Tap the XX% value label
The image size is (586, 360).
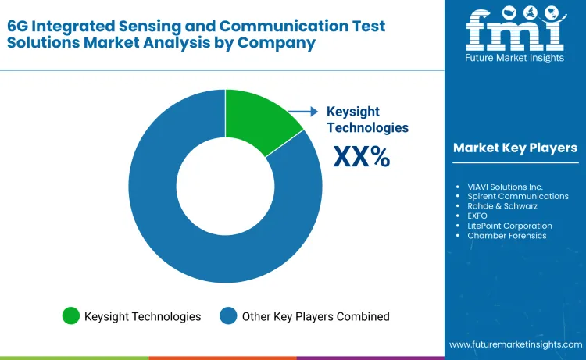(361, 157)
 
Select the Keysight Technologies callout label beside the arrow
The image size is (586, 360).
(367, 119)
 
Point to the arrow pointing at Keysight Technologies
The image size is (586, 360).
(304, 112)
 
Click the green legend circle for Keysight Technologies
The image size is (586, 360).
(71, 316)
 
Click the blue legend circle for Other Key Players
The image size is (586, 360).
(228, 316)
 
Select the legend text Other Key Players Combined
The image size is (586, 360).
(316, 316)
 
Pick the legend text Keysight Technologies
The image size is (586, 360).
(143, 316)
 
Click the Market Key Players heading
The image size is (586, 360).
(515, 148)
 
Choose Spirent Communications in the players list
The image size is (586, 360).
(518, 197)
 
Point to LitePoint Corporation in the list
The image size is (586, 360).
(509, 226)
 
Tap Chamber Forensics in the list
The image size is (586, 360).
(507, 236)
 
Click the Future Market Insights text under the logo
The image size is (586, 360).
(514, 58)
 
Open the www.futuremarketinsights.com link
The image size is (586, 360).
(516, 344)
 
